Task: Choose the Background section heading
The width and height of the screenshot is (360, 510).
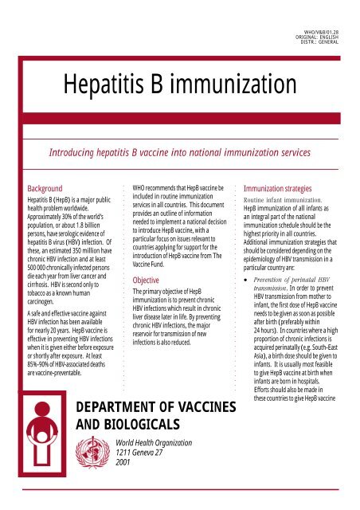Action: (49, 189)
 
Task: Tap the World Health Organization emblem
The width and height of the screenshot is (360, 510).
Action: (96, 451)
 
